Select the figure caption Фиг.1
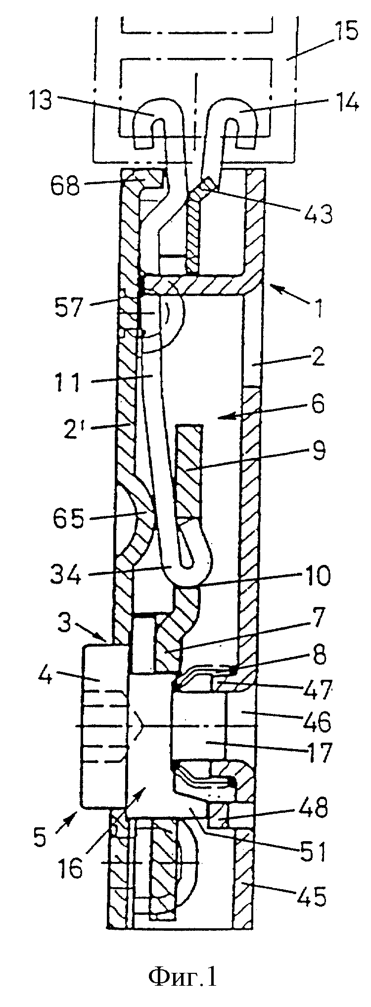[183, 962]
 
